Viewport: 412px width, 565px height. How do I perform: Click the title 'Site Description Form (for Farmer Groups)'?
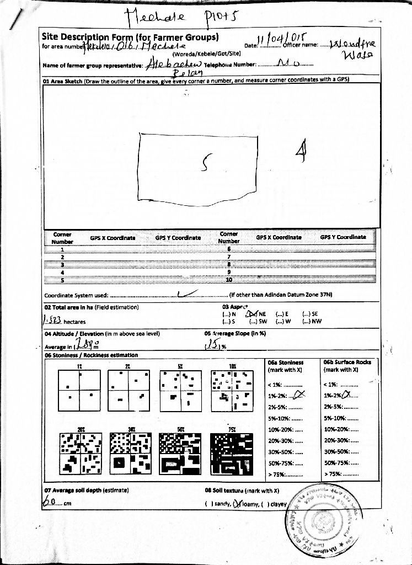[130, 37]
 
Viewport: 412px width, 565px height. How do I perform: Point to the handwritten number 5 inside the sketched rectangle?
[206, 162]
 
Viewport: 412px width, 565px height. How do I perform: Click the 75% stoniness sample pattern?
[232, 454]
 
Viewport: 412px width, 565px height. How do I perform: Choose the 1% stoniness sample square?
[79, 390]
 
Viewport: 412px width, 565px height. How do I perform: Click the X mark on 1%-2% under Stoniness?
[298, 395]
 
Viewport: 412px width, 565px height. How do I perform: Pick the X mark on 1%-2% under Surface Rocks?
[347, 395]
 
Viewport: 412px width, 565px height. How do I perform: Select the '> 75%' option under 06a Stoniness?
[285, 474]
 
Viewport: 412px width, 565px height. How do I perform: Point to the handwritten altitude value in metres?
[85, 345]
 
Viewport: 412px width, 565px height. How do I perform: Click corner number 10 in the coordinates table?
[229, 280]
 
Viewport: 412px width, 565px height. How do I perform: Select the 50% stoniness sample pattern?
[180, 454]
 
